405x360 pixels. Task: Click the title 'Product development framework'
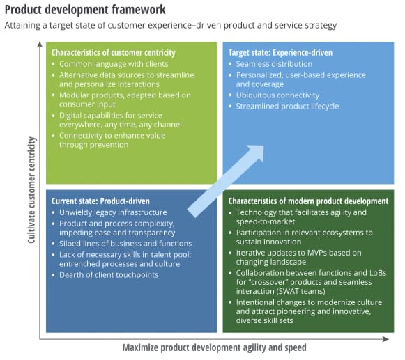85,10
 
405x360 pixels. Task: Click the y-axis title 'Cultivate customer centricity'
31,190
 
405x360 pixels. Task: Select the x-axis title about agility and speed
215,347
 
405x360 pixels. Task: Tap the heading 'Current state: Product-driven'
100,201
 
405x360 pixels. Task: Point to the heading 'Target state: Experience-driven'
280,53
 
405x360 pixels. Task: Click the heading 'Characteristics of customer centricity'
114,53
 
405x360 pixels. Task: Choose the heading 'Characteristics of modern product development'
308,201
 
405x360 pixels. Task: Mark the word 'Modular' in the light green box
74,95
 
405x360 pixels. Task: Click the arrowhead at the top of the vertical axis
40,45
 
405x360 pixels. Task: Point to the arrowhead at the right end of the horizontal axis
385,339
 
